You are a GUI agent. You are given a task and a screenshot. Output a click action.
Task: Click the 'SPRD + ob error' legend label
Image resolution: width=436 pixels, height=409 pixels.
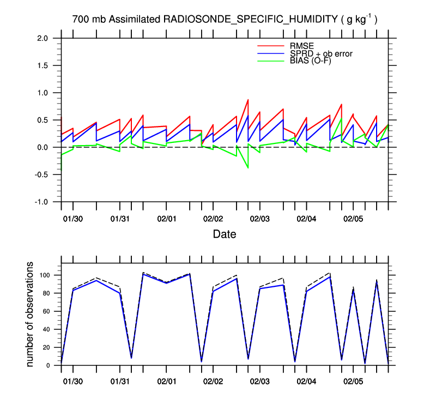tap(322, 53)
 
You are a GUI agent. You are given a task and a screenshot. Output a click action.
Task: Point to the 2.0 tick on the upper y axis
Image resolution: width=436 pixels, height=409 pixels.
tap(47, 38)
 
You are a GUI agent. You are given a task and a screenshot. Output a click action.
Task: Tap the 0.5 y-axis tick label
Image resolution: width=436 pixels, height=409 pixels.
tap(47, 120)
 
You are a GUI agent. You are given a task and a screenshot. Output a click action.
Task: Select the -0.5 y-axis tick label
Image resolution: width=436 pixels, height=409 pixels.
tap(46, 175)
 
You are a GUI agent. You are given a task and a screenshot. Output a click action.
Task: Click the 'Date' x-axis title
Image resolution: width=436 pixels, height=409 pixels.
tap(225, 234)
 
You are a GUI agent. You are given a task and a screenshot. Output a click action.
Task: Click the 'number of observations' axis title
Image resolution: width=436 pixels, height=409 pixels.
tap(31, 314)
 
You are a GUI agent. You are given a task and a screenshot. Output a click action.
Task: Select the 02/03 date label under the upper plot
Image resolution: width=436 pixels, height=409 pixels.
tap(260, 219)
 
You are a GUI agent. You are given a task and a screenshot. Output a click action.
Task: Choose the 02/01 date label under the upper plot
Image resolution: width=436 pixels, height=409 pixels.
tap(166, 219)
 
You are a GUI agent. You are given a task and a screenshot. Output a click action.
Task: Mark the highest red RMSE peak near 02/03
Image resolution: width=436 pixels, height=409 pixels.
tap(248, 100)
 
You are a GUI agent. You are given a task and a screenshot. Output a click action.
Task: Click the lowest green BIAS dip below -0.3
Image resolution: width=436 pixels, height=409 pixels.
tap(248, 168)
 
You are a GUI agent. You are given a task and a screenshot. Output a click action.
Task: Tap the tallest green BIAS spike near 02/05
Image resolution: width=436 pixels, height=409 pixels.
tap(341, 118)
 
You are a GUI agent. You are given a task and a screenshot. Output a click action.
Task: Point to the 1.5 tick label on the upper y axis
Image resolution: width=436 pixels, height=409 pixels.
tap(47, 65)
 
